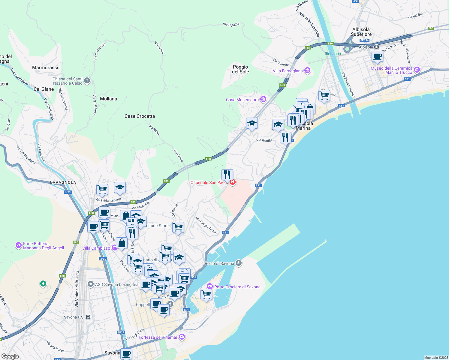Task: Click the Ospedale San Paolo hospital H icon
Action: point(232,182)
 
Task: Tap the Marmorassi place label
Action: point(45,68)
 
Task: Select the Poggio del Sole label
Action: point(240,69)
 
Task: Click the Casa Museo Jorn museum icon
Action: point(263,99)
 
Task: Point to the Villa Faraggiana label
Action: point(288,71)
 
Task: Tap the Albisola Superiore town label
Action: point(361,32)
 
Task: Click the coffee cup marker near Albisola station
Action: point(377,56)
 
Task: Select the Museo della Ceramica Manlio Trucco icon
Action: point(417,70)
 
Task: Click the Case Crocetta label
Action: point(140,116)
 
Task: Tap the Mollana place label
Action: point(108,99)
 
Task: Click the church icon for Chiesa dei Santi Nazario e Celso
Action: point(87,80)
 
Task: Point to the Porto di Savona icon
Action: point(239,263)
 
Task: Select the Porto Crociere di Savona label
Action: point(237,287)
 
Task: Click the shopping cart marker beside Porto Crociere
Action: point(206,294)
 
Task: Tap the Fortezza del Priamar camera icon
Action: point(182,337)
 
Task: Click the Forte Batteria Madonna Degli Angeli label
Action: point(44,246)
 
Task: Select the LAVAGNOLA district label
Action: point(63,182)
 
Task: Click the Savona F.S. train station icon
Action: point(88,317)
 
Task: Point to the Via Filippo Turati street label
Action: point(206,225)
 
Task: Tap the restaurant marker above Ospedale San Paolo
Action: point(227,175)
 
